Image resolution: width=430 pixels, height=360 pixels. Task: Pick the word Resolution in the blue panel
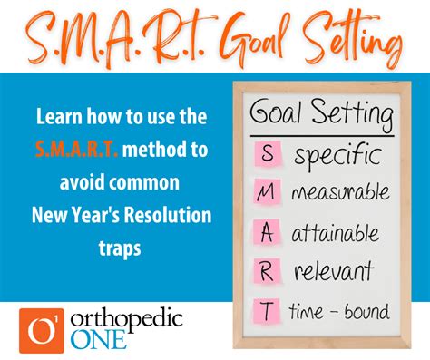(x=168, y=218)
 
